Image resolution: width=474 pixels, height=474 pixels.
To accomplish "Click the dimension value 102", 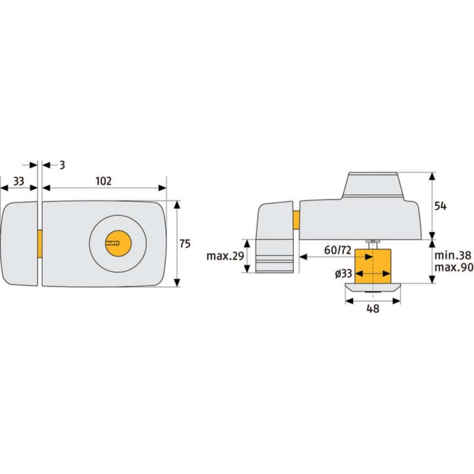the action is click(x=103, y=181).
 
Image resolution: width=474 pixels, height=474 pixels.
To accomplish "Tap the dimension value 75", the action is click(x=185, y=244).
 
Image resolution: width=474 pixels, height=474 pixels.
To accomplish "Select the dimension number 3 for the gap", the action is click(x=62, y=165).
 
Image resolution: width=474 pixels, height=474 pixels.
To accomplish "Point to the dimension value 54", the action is click(x=440, y=206).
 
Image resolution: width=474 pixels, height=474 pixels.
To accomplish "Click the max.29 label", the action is click(x=225, y=256).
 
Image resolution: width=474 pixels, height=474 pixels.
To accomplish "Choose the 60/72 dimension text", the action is click(x=338, y=250).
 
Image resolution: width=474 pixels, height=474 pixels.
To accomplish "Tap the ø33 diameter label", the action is click(x=344, y=274).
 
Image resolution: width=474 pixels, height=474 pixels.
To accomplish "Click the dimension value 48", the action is click(x=373, y=309).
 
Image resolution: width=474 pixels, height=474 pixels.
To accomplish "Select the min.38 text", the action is click(x=453, y=255).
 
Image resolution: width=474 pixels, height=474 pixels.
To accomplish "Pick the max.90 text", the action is click(x=454, y=267).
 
